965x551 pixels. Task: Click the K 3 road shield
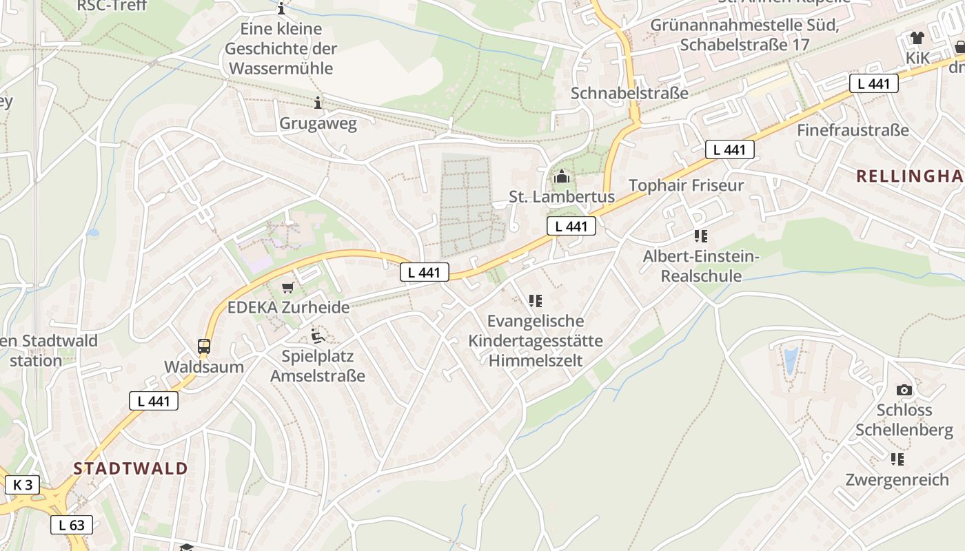(x=23, y=485)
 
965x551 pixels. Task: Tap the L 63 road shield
(x=71, y=525)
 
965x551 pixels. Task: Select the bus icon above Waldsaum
(x=204, y=346)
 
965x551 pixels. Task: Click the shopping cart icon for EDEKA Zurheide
(x=287, y=287)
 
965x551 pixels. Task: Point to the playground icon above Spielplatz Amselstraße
(x=318, y=336)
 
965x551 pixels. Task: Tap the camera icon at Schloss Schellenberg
(x=904, y=390)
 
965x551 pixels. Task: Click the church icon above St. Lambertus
(x=562, y=177)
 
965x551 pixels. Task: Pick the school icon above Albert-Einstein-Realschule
(x=701, y=236)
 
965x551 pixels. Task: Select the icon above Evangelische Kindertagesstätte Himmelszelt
(x=535, y=300)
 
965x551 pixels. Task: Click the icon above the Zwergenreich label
(x=897, y=459)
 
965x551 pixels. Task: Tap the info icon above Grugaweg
(x=318, y=103)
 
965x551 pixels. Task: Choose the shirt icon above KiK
(x=917, y=38)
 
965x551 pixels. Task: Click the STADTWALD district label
(x=131, y=468)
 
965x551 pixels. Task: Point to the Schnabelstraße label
(x=629, y=93)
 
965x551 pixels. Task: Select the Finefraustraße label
(x=853, y=129)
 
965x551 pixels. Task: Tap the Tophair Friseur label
(x=686, y=185)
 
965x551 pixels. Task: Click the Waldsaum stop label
(x=204, y=366)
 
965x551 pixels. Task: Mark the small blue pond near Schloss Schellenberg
(x=791, y=360)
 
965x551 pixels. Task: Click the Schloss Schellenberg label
(x=904, y=420)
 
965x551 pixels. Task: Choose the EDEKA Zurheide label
(x=288, y=307)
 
